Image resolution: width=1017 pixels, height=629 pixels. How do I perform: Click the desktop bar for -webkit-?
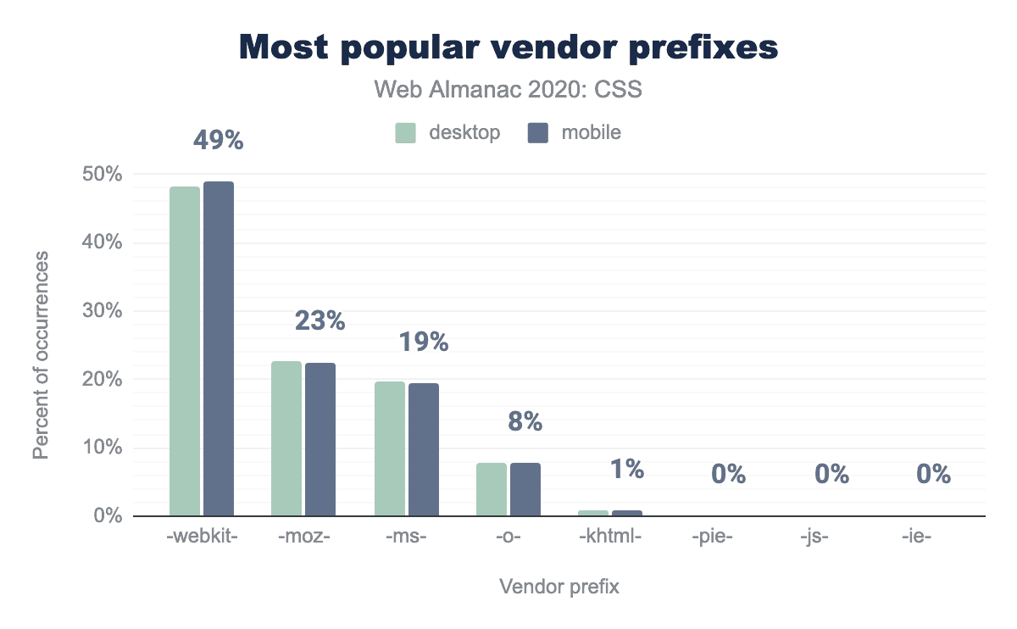185,351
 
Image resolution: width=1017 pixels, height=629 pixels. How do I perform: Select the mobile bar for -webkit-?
219,348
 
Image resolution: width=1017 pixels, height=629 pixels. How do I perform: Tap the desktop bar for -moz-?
286,438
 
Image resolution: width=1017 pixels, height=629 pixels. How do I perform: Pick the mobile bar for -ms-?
424,449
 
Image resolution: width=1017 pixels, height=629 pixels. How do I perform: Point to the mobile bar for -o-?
525,489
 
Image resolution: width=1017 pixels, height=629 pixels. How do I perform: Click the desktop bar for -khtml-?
593,513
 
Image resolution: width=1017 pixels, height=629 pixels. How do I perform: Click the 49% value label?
218,140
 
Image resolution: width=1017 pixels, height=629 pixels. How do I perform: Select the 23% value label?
320,320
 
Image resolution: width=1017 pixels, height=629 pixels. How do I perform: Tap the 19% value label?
422,342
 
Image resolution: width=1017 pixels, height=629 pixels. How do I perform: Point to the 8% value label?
525,421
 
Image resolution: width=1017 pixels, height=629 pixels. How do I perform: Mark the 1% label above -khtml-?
627,469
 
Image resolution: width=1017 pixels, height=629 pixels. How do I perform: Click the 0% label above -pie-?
729,475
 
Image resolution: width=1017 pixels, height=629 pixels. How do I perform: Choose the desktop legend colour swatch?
405,133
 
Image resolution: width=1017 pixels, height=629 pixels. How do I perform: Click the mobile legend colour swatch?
537,133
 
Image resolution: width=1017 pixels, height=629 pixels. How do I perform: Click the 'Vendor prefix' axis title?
559,587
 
